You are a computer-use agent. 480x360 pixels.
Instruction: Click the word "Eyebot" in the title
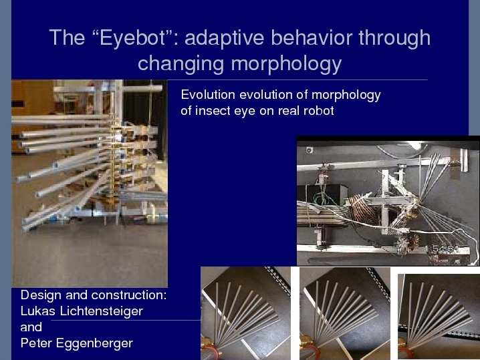(x=132, y=39)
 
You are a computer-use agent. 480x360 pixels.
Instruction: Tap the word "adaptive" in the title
(x=225, y=38)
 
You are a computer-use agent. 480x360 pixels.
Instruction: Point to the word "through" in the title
(x=394, y=39)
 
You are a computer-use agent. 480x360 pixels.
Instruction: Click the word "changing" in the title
(x=181, y=64)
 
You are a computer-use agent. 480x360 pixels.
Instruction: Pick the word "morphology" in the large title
(x=286, y=64)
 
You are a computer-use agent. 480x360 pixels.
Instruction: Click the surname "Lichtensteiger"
(x=102, y=311)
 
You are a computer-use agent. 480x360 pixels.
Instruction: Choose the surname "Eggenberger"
(x=94, y=343)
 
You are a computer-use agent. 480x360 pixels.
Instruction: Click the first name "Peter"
(x=36, y=343)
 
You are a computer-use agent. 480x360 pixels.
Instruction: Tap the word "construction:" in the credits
(x=129, y=295)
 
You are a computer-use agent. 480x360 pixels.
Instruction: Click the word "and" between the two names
(x=31, y=327)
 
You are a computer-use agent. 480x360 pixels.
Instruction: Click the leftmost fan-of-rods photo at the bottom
(x=246, y=313)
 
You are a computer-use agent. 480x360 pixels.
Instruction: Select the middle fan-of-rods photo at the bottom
(x=345, y=313)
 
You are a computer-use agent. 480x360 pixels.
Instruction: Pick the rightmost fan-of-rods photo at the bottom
(x=439, y=317)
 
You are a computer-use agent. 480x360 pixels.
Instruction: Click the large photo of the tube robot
(x=90, y=183)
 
